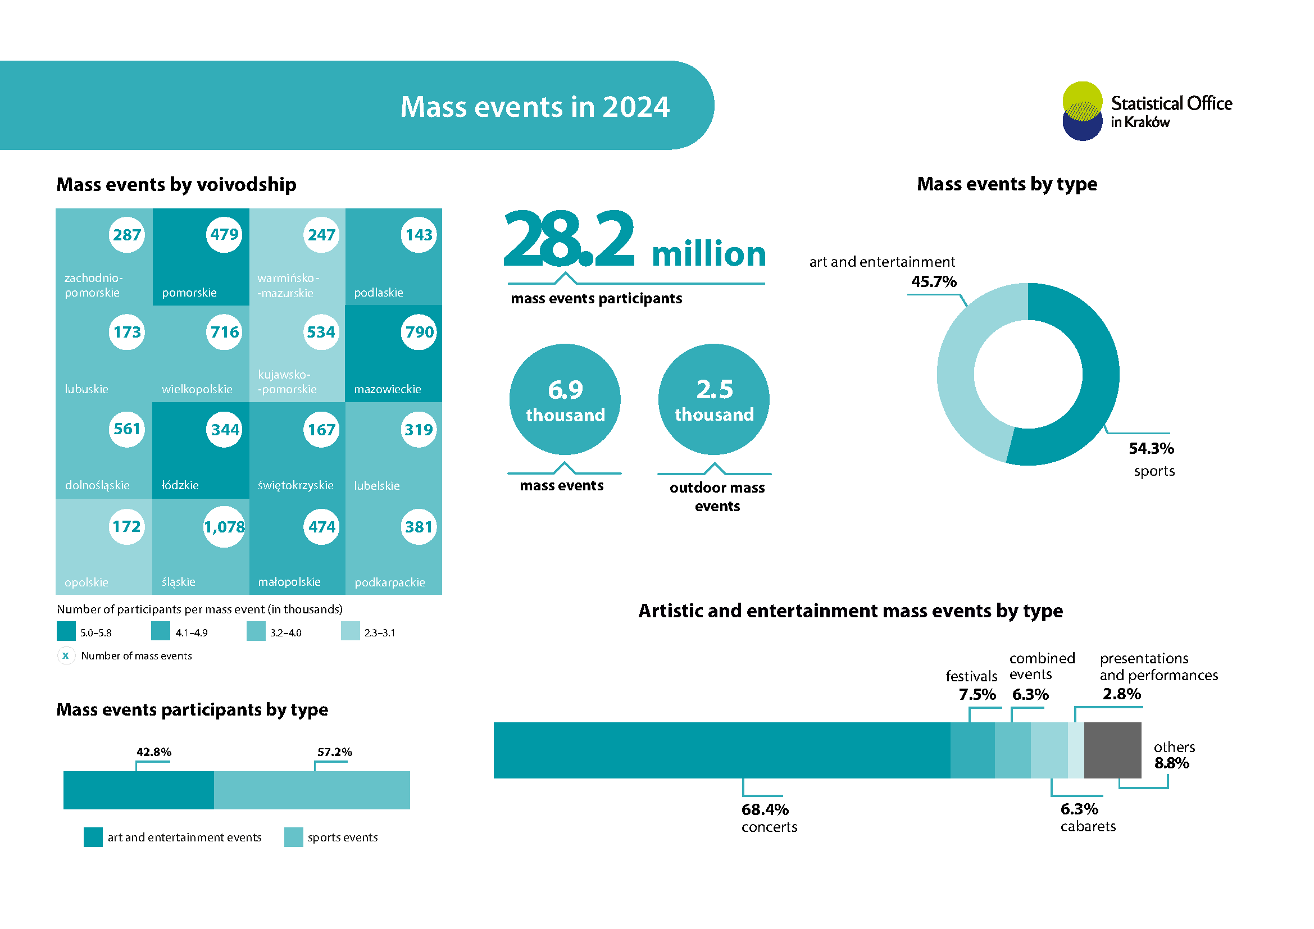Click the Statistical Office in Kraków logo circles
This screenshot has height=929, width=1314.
1081,111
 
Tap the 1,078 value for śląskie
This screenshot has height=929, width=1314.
224,527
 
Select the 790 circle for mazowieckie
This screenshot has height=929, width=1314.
419,332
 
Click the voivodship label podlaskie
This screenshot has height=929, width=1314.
378,293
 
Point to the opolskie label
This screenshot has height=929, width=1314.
87,582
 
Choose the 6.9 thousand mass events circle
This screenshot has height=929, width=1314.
565,400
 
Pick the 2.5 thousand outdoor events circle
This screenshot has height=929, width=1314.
713,400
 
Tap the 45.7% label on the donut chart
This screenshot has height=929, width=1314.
934,281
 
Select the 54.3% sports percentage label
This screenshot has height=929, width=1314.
1151,448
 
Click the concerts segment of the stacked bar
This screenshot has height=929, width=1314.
721,750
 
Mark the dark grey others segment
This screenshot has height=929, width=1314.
1112,750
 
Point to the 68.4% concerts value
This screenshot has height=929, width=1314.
765,809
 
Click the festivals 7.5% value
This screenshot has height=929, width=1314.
977,694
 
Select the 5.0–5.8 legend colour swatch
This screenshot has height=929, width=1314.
66,631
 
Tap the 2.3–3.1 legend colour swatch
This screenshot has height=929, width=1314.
350,631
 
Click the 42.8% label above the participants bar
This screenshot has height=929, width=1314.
153,752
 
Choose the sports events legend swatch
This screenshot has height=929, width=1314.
294,837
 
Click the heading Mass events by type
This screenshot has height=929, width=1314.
1007,184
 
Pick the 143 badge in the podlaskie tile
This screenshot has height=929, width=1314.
419,235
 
